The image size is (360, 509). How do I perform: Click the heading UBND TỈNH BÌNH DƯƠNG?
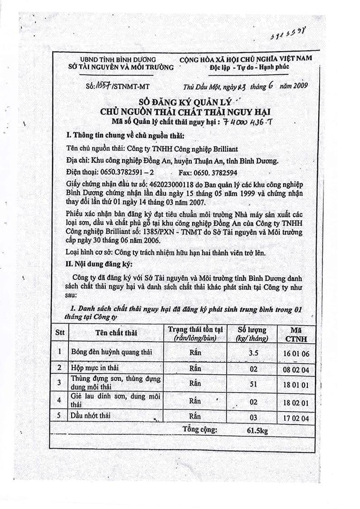pyautogui.click(x=117, y=59)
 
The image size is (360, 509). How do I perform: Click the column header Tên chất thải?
pyautogui.click(x=116, y=333)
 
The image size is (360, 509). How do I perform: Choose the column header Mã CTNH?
pyautogui.click(x=296, y=334)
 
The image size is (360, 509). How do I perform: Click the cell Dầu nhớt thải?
pyautogui.click(x=90, y=415)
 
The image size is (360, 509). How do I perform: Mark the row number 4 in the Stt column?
pyautogui.click(x=59, y=400)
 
